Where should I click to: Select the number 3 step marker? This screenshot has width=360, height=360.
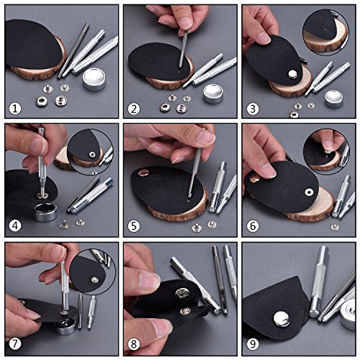click(253, 109)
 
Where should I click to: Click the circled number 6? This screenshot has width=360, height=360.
click(253, 228)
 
